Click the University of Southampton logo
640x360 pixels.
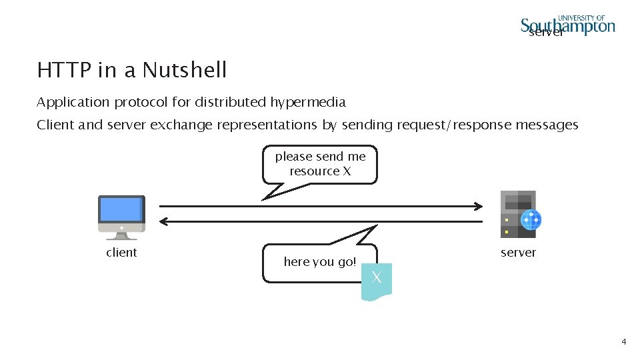pyautogui.click(x=568, y=25)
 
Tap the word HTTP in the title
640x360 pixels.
pyautogui.click(x=61, y=70)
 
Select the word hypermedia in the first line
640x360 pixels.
pyautogui.click(x=308, y=103)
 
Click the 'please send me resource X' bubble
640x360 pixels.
pyautogui.click(x=320, y=164)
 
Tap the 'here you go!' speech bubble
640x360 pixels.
pyautogui.click(x=320, y=262)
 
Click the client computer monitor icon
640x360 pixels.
pyautogui.click(x=121, y=212)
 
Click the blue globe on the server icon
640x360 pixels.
pyautogui.click(x=531, y=219)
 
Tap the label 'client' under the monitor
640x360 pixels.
pyautogui.click(x=121, y=253)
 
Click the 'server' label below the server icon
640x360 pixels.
pyautogui.click(x=518, y=253)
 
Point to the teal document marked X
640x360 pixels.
pyautogui.click(x=377, y=280)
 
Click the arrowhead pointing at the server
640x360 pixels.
pyautogui.click(x=478, y=205)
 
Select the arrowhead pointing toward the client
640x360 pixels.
pyautogui.click(x=164, y=221)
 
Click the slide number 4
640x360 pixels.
pyautogui.click(x=623, y=342)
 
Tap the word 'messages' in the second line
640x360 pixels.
pyautogui.click(x=549, y=125)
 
